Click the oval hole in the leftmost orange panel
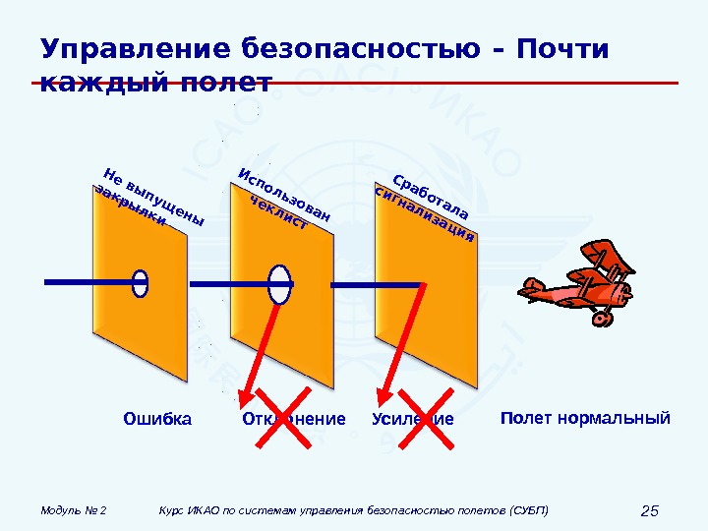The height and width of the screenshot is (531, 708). coord(141,282)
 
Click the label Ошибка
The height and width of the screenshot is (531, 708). coord(157,420)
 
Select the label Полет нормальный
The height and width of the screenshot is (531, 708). coord(585,419)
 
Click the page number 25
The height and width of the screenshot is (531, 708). coord(649,510)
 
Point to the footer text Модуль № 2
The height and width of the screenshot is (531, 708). coord(74,510)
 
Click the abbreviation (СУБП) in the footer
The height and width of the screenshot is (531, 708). coord(529,510)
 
